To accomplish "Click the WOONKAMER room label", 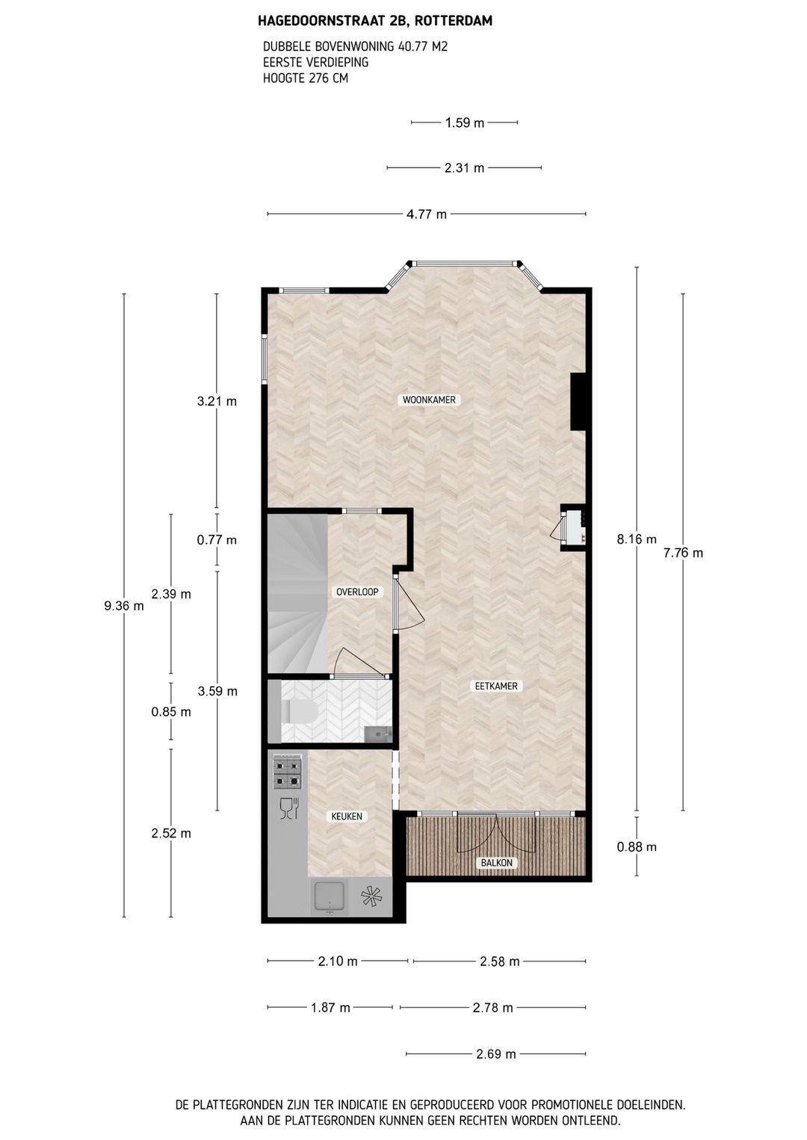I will [429, 400].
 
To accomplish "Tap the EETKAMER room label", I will [496, 686].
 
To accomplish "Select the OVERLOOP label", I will [357, 592].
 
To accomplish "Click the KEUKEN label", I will [347, 817].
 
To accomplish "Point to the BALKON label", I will [497, 863].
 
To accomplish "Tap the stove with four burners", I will [288, 772].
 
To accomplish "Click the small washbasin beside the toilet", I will [378, 734].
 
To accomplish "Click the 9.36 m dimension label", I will [124, 607].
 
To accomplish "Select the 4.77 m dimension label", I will [427, 214].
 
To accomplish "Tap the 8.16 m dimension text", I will [637, 539].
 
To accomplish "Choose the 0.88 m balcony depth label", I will [637, 847].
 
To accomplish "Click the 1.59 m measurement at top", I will [465, 123].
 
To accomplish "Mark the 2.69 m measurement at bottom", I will [496, 1054].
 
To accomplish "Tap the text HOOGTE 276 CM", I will [306, 78].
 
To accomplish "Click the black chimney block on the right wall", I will [578, 402].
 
